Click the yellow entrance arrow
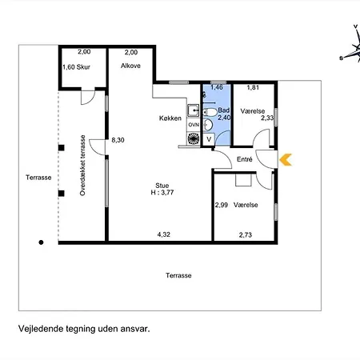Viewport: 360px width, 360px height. point(286,160)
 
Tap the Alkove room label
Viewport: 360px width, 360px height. point(130,66)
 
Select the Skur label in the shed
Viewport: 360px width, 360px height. point(83,67)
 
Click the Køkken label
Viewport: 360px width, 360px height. point(170,118)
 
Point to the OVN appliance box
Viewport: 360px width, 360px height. point(194,125)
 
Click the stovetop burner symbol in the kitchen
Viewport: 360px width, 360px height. point(194,138)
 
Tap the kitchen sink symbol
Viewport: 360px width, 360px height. point(193,110)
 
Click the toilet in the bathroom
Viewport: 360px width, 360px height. point(210,112)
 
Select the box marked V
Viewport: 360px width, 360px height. point(209,139)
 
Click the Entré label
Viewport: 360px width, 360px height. point(245,159)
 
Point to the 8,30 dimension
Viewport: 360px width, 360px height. point(118,140)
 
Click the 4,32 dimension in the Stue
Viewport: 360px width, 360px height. point(164,234)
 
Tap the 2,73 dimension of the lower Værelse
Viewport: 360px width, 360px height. point(246,235)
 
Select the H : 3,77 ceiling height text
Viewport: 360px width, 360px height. point(162,193)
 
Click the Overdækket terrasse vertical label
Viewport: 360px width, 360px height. point(82,166)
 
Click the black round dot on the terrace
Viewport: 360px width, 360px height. point(41,242)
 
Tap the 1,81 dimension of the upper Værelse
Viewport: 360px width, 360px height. point(253,87)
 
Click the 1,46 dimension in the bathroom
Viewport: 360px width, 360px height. point(217,87)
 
